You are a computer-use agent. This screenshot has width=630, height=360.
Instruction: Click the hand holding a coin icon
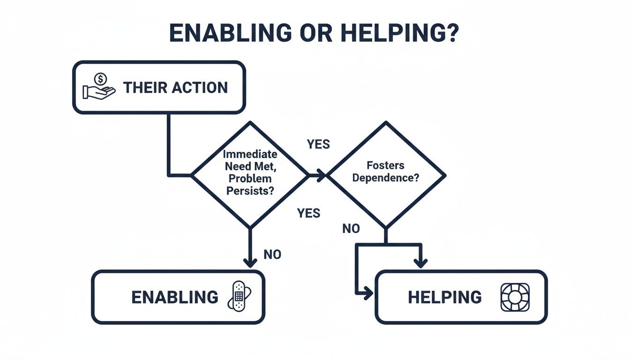[99, 86]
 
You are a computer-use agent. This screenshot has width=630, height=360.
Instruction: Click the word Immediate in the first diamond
[250, 154]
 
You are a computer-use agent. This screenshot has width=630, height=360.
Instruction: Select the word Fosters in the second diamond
[386, 165]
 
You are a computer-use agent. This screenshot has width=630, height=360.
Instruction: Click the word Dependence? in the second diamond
[386, 178]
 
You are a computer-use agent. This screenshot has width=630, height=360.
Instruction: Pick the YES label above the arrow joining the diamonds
[319, 144]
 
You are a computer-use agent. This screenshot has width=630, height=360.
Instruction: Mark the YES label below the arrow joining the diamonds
[308, 214]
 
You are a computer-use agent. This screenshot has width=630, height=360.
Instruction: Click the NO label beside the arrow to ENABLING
[272, 255]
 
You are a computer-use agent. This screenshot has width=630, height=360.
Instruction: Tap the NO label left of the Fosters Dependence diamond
[351, 229]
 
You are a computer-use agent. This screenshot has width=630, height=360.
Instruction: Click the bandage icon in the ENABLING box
[239, 296]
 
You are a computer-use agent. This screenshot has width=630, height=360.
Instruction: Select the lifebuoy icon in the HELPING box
[515, 297]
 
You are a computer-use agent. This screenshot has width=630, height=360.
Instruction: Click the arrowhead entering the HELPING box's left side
[367, 294]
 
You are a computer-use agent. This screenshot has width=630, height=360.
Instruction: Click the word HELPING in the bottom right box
[445, 297]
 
